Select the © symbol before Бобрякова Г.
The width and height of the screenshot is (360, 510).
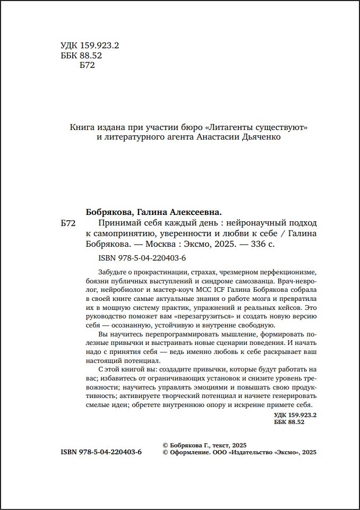click(x=165, y=445)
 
